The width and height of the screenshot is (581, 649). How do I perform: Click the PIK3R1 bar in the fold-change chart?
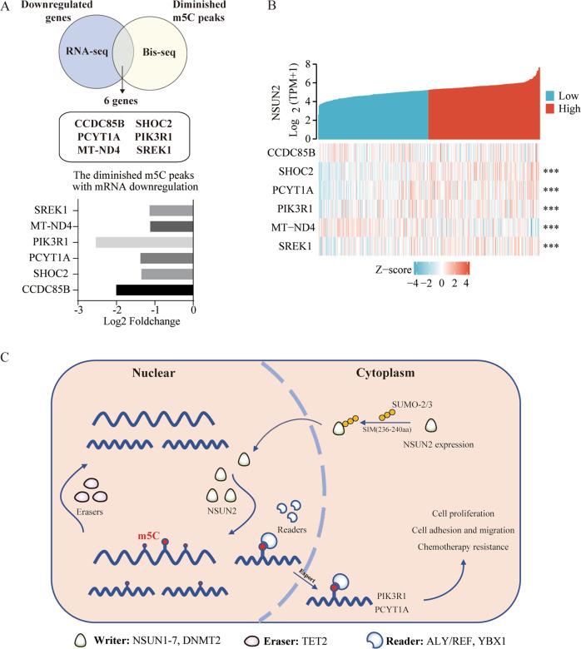click(x=145, y=242)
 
